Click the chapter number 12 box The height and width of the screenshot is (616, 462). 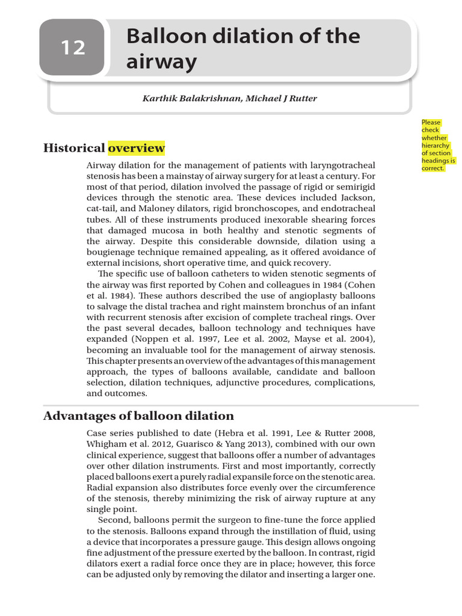coord(72,48)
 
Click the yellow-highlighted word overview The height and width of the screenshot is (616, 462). coord(137,148)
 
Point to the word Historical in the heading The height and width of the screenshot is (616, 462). coord(74,148)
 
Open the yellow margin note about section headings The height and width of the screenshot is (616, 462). coord(439,145)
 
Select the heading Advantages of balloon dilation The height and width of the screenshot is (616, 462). coord(138,416)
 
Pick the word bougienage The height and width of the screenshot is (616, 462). coord(115,252)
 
